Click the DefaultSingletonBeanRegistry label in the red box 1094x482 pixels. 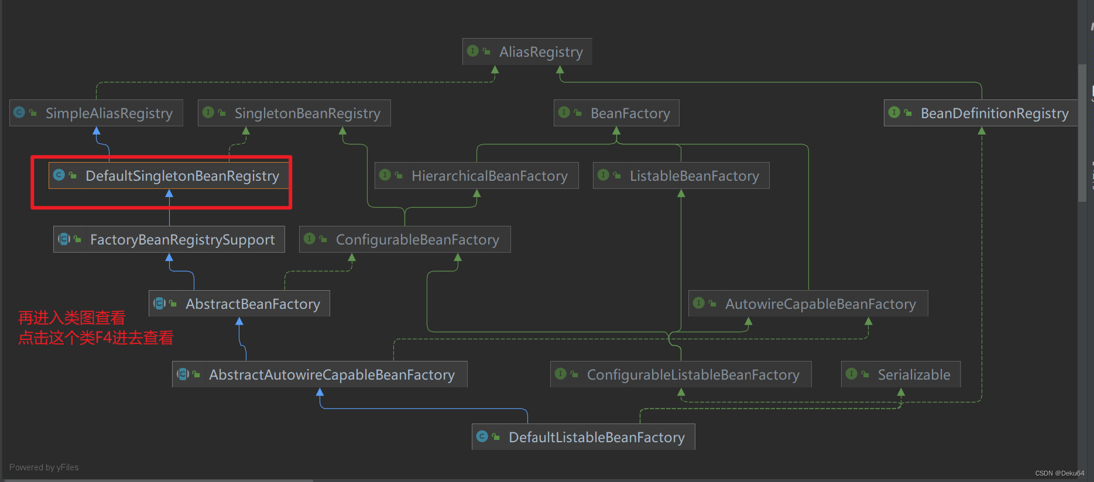pos(182,175)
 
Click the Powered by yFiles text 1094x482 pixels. pos(44,467)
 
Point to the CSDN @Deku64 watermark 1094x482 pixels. pos(1059,473)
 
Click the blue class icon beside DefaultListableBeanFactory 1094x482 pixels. pos(482,436)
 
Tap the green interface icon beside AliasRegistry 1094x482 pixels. pos(473,51)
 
